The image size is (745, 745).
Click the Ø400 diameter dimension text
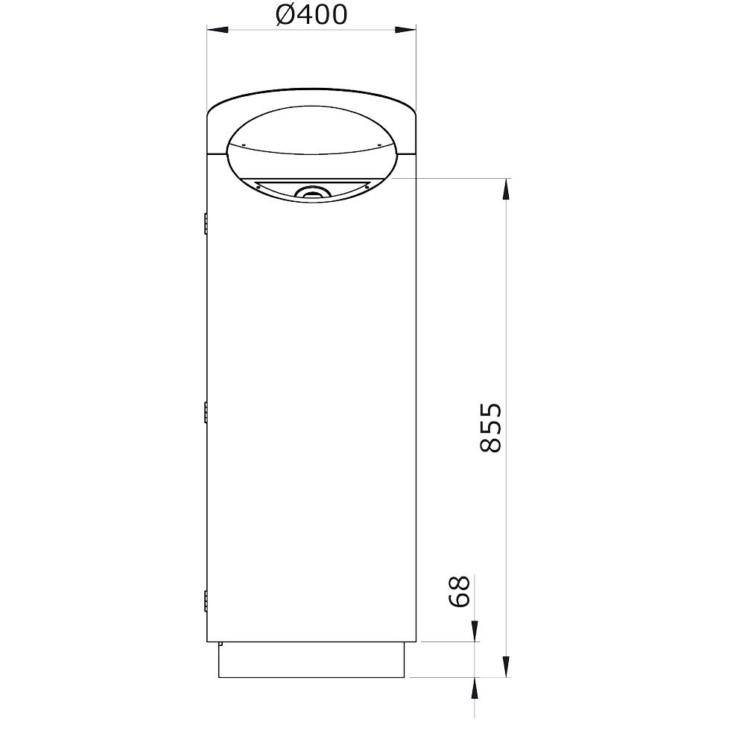pyautogui.click(x=311, y=15)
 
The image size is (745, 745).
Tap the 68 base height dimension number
pyautogui.click(x=459, y=591)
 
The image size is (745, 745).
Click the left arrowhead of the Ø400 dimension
pyautogui.click(x=218, y=30)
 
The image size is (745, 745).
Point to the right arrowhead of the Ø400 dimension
pyautogui.click(x=405, y=30)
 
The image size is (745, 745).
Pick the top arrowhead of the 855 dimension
pyautogui.click(x=507, y=189)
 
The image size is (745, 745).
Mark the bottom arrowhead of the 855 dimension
pyautogui.click(x=507, y=667)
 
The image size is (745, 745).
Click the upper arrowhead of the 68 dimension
pyautogui.click(x=475, y=631)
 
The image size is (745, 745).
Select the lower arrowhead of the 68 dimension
pyautogui.click(x=475, y=688)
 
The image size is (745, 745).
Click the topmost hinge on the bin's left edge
pyautogui.click(x=206, y=223)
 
